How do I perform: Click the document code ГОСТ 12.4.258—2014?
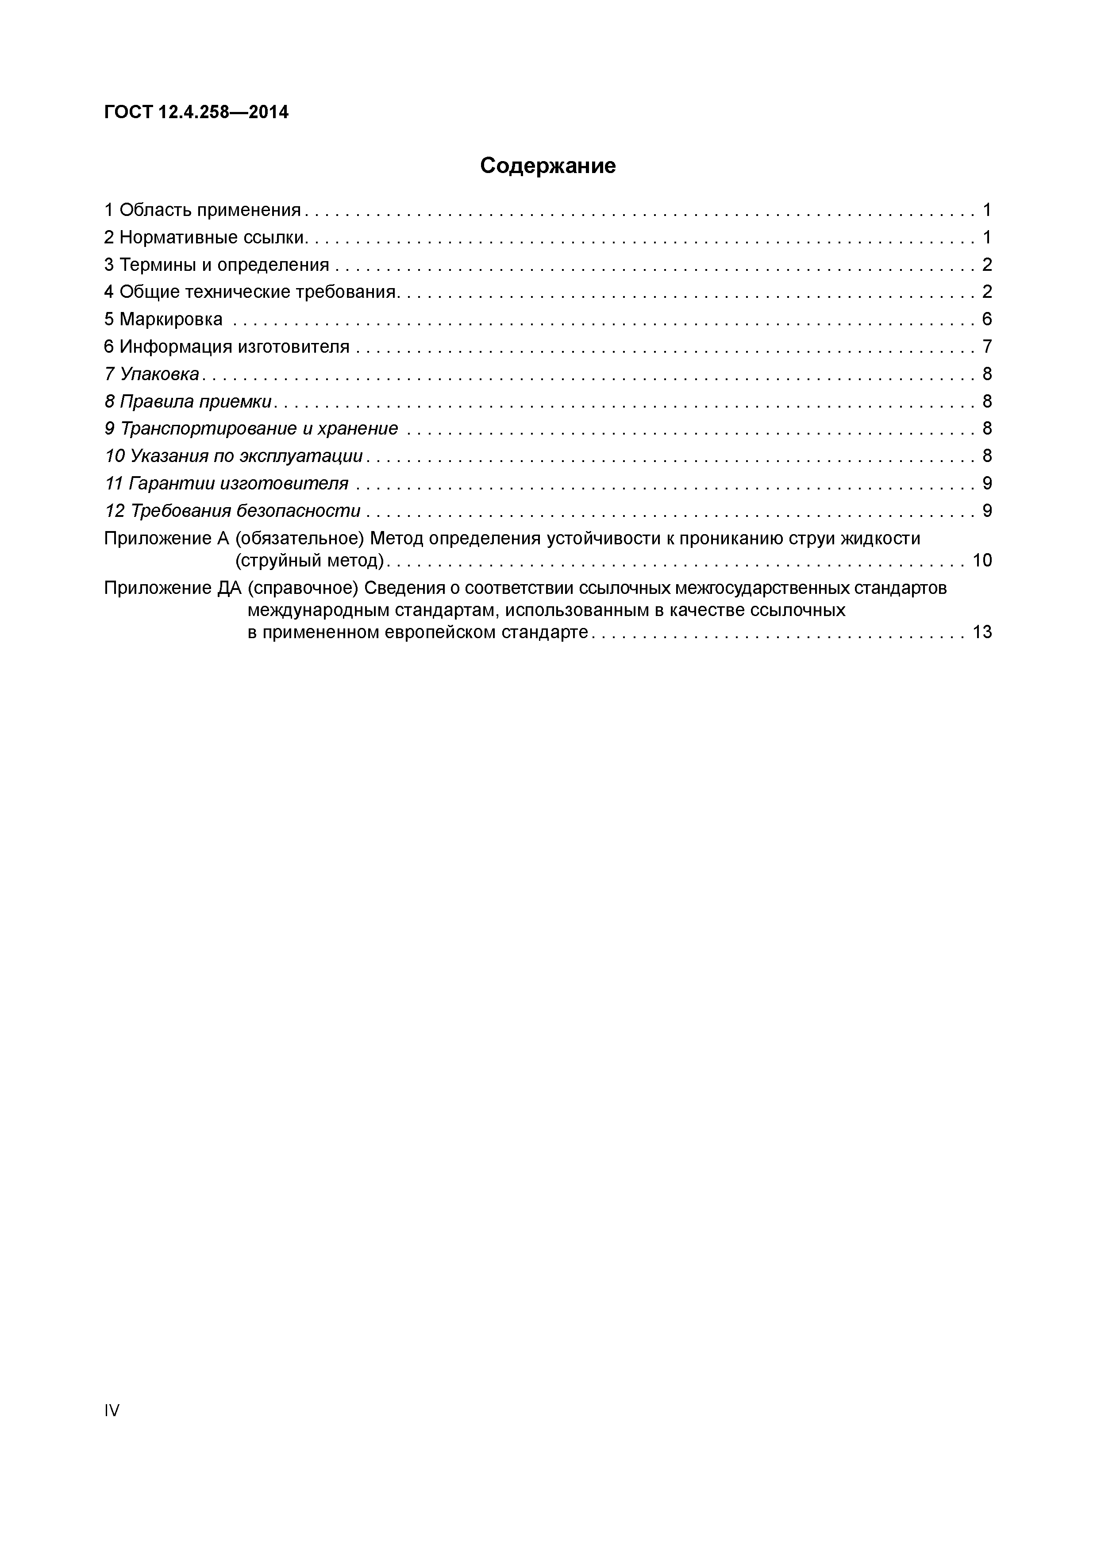click(x=196, y=112)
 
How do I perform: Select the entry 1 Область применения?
click(x=202, y=210)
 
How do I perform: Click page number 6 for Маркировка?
click(x=986, y=319)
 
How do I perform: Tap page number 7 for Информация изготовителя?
click(x=986, y=347)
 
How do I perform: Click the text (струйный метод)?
click(x=309, y=560)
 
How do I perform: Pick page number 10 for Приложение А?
click(x=982, y=560)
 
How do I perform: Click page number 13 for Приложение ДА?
click(x=982, y=632)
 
